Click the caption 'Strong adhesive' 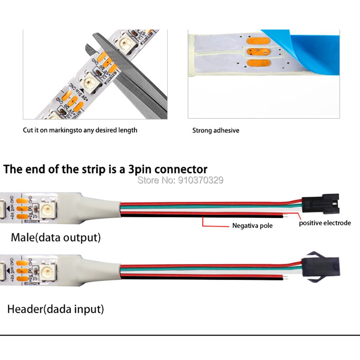pos(215,130)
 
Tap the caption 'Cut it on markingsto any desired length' pos(80,130)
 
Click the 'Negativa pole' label pos(252,226)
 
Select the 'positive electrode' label pos(325,223)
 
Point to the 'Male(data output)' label pos(56,237)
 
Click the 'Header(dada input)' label pos(56,309)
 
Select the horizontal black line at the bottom pos(180,335)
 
